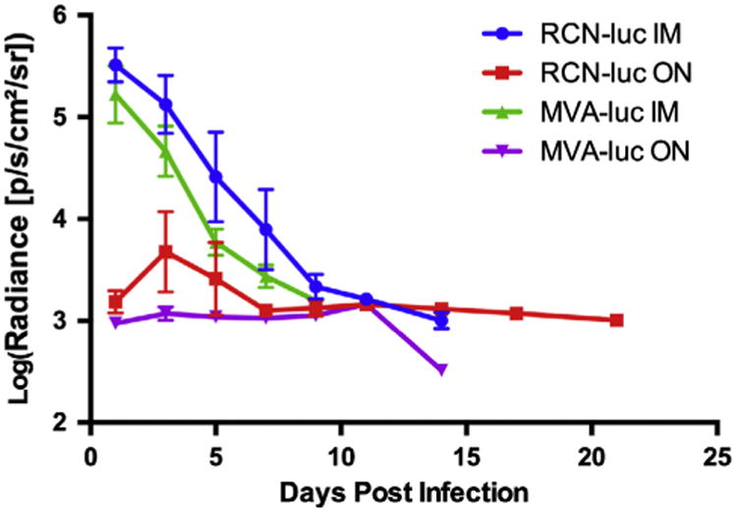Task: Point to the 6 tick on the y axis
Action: (65, 16)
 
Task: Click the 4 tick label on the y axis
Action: (65, 219)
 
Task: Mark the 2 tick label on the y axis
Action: (65, 423)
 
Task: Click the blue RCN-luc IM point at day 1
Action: (116, 65)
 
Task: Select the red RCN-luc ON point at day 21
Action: (616, 320)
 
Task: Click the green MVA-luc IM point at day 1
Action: (116, 94)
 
